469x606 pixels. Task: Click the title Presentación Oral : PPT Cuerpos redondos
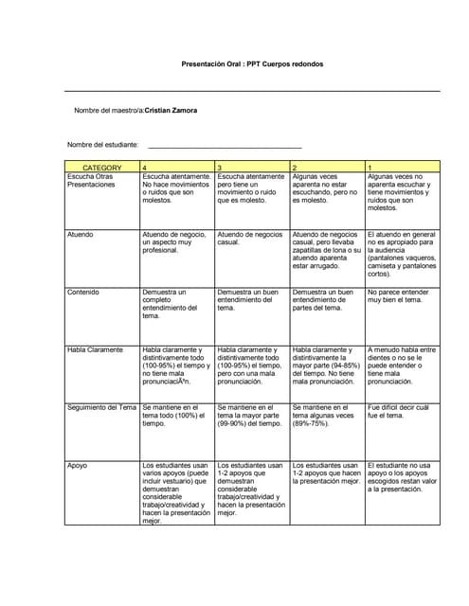coord(252,63)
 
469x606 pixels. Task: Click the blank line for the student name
coord(225,146)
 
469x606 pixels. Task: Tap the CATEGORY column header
coord(101,167)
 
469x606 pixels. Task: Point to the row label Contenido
coord(83,292)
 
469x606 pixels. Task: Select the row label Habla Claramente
coord(95,349)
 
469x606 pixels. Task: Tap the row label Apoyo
coord(78,465)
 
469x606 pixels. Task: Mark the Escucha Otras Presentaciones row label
coord(90,181)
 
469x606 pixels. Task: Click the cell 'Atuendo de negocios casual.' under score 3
coord(250,238)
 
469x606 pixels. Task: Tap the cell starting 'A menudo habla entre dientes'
coord(402,365)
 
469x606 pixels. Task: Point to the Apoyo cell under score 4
coord(175,492)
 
